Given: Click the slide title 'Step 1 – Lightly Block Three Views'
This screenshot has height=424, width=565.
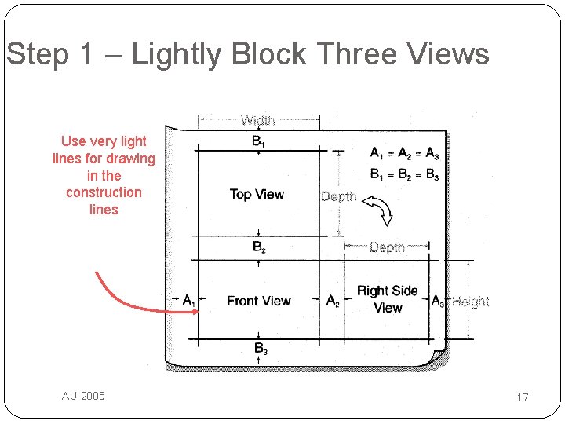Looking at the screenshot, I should click(x=247, y=54).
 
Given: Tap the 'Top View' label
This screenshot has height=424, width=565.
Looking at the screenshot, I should click(x=257, y=194).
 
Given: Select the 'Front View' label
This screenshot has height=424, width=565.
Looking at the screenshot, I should click(x=258, y=301).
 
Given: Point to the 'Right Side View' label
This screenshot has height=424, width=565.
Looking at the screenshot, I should click(x=387, y=299).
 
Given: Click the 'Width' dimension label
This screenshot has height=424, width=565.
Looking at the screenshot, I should click(x=257, y=120).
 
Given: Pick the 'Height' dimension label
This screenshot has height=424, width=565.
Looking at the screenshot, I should click(x=471, y=302).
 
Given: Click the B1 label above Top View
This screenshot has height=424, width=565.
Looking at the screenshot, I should click(x=258, y=141).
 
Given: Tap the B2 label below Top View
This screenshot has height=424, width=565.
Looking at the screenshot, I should click(x=259, y=247).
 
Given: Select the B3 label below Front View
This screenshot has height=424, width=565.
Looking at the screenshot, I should click(x=261, y=348).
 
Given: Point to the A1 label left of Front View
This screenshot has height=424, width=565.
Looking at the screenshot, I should click(x=189, y=300).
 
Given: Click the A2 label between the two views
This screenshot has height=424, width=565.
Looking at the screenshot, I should click(x=333, y=301).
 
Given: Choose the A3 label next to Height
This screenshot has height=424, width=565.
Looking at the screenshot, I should click(x=438, y=301).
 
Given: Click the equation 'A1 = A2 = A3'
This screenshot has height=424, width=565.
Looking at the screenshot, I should click(x=404, y=153).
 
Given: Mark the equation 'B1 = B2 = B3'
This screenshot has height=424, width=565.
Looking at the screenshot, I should click(x=404, y=174).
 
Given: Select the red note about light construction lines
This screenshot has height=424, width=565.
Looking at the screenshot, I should click(x=104, y=175).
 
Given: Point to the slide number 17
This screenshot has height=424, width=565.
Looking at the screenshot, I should click(x=523, y=397).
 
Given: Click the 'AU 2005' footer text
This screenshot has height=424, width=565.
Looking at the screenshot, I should click(x=83, y=396).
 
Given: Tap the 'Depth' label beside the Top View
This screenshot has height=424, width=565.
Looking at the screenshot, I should click(x=339, y=196).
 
